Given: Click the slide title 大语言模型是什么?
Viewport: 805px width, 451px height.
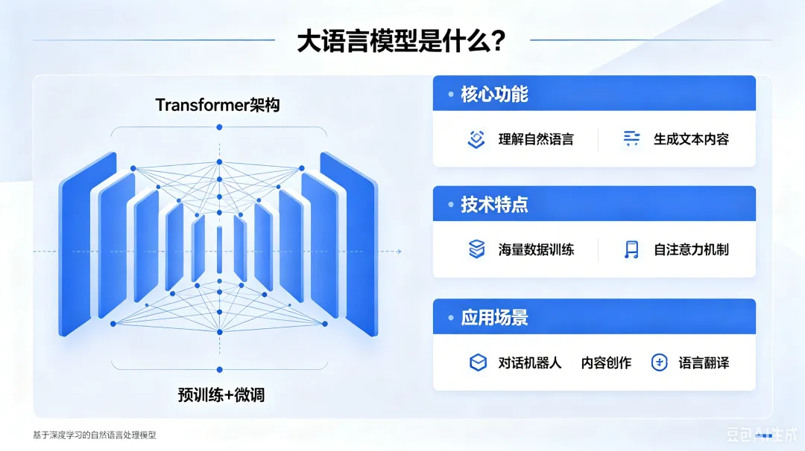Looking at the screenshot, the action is point(402,41).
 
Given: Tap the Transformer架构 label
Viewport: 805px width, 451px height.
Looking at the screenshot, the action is point(217,105).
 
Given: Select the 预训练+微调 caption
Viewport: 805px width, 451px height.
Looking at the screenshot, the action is point(221,394).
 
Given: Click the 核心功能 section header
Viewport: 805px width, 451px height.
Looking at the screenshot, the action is point(494,94).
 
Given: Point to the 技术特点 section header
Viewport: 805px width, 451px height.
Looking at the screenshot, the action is point(494,205).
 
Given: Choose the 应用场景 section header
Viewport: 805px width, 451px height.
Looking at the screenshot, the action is point(494,317).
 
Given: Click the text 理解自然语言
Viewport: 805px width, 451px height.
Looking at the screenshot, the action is point(535,139).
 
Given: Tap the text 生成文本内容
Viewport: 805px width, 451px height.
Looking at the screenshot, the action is point(691,139).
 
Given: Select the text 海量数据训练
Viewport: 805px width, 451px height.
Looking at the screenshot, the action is point(535,249).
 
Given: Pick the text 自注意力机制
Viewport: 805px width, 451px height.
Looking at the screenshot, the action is point(691,249).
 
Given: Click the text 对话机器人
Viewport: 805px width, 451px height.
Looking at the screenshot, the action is point(529,363).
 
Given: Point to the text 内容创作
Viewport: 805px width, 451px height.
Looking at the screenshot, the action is point(606,363).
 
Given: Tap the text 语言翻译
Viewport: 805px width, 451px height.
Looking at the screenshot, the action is point(704,363).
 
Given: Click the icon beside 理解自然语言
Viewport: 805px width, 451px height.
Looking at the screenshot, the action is point(476,139).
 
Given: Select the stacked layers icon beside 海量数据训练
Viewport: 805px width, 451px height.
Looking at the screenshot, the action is point(476,249).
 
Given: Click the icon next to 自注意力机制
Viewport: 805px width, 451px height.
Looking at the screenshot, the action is point(631,249).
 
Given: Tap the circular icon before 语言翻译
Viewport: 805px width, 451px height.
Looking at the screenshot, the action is point(659,362).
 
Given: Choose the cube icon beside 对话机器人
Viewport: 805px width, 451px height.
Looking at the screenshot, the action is point(478,362).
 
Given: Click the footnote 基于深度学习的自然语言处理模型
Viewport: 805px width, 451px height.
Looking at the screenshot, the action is point(95,435).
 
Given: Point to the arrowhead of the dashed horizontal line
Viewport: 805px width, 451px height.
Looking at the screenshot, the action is point(399,251).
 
